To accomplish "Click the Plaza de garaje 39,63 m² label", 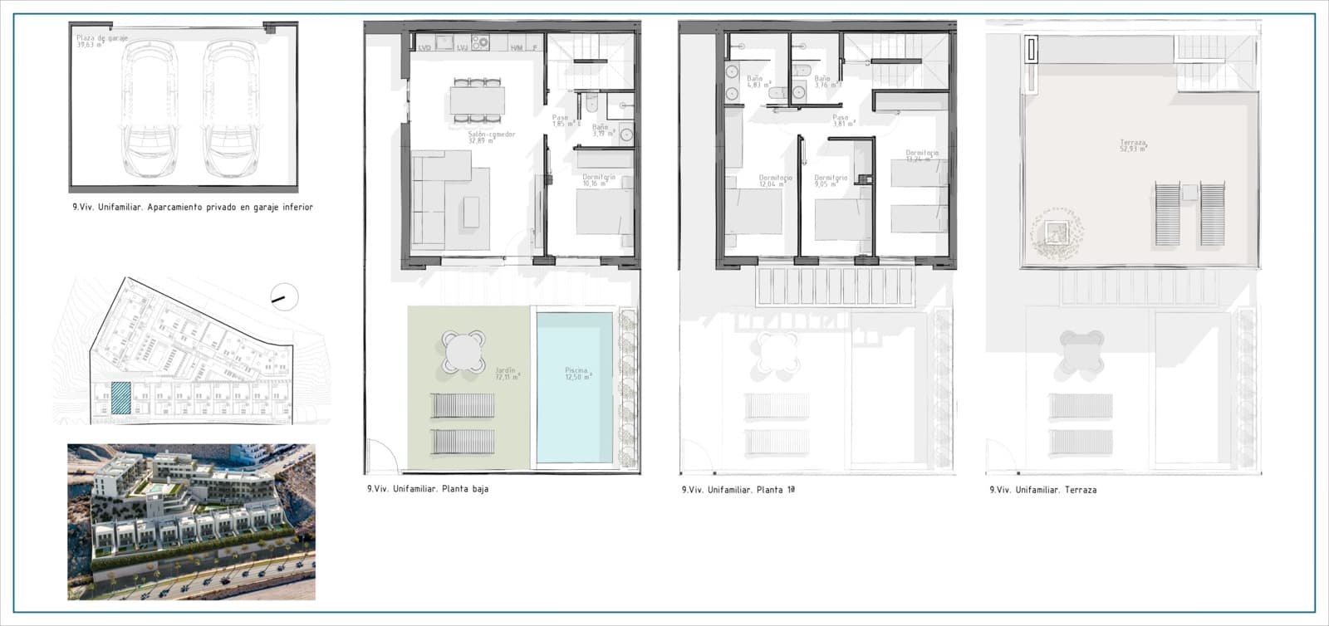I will [91, 42].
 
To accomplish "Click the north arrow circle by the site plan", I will [284, 296].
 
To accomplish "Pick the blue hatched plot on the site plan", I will [121, 398].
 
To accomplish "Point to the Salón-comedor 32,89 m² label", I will [491, 137].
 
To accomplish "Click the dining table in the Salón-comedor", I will [477, 100].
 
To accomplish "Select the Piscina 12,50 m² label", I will [576, 374].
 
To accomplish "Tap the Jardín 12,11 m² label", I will [505, 374].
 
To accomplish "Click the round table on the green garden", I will [463, 352].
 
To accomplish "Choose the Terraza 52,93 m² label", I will [1133, 146].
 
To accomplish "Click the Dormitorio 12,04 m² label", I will [775, 181].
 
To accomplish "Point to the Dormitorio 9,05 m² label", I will [831, 181].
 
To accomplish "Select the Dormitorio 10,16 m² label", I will [598, 180].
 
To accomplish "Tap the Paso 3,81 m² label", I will [842, 121].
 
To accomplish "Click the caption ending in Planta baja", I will [428, 489].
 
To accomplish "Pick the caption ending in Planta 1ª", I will [738, 490].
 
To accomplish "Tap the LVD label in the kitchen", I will [424, 47].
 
